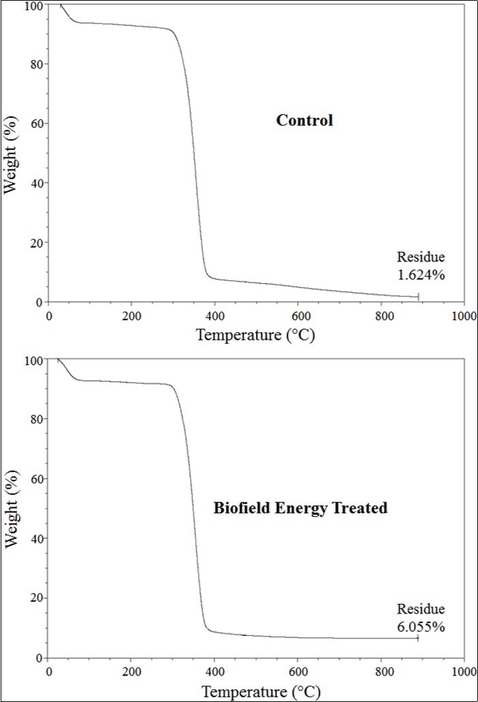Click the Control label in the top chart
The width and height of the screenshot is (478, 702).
[x=304, y=121]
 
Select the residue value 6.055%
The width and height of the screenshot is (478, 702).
[x=421, y=626]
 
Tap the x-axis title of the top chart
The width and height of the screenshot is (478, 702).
[x=256, y=334]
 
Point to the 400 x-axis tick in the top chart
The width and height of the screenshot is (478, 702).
[x=214, y=316]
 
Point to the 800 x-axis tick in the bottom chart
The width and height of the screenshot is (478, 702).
[x=381, y=671]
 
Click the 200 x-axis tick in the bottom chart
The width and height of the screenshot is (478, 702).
[x=131, y=671]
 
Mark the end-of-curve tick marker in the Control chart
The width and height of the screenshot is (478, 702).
[x=418, y=296]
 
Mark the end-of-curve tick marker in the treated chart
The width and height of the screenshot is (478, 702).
[x=418, y=638]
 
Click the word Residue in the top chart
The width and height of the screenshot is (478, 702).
[x=421, y=257]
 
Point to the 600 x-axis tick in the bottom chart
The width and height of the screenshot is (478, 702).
[x=298, y=671]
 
